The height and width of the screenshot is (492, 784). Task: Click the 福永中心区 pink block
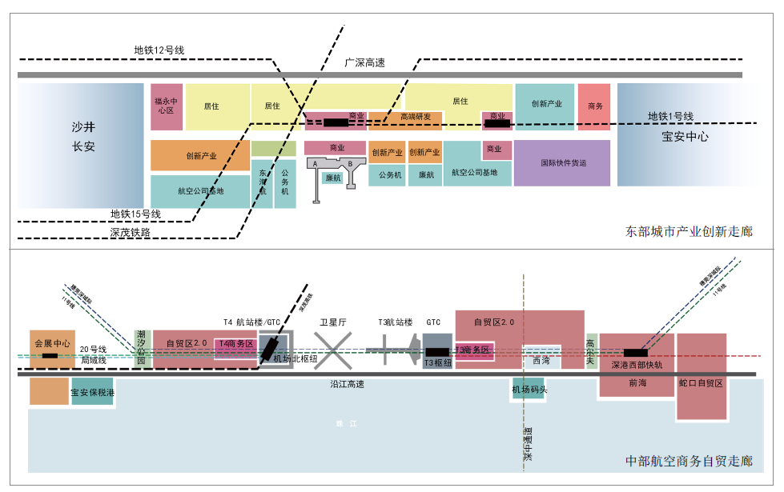click(167, 106)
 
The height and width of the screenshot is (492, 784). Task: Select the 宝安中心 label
click(685, 136)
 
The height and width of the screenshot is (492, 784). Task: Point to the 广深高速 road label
click(364, 62)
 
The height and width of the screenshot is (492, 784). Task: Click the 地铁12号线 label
click(159, 50)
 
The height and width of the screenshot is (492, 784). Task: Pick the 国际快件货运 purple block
click(562, 162)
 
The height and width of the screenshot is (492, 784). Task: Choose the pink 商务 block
click(594, 106)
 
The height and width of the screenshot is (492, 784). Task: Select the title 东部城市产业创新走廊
click(689, 232)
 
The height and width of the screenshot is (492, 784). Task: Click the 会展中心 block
click(52, 343)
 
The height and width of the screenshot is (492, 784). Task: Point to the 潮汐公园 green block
click(142, 347)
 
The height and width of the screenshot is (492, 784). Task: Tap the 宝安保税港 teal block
click(92, 392)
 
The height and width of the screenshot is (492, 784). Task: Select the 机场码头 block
click(529, 390)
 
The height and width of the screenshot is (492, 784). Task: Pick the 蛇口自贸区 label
click(701, 384)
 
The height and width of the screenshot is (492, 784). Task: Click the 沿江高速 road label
click(348, 385)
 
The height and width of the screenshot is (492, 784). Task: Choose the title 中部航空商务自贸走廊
click(689, 461)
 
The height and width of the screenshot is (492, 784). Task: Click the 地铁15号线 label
click(135, 214)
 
